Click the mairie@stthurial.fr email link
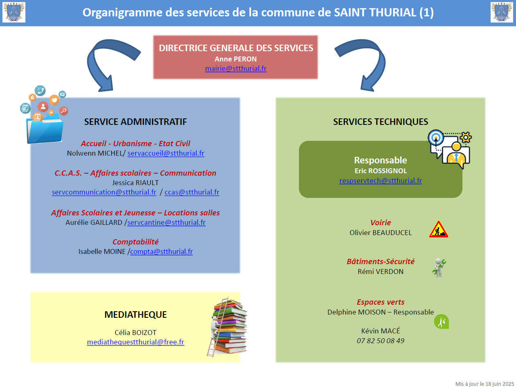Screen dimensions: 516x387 [235, 68]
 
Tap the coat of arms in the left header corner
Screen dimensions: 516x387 [14, 12]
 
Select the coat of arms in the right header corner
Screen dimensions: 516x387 [502, 12]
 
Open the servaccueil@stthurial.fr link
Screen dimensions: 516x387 [166, 153]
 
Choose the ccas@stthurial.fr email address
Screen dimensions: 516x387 [192, 192]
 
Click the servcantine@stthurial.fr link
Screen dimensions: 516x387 [166, 222]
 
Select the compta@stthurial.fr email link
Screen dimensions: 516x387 [161, 251]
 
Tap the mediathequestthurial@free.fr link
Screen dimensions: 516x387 [136, 342]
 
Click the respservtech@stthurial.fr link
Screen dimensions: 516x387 [380, 181]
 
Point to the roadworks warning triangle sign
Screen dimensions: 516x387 [439, 229]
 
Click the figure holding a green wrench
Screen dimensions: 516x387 [439, 268]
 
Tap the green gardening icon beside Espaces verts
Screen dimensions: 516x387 [441, 321]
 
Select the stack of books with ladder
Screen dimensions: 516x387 [226, 327]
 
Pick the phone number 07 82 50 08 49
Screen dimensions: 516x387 [380, 341]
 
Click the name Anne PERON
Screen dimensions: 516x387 [235, 59]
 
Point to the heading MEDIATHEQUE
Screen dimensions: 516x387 [136, 315]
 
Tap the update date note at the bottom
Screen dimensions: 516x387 [484, 384]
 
